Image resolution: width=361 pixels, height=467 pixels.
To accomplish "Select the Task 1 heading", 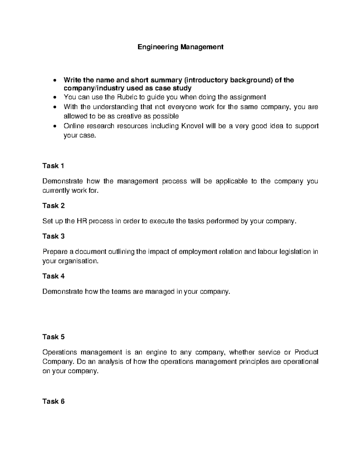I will click(x=53, y=166).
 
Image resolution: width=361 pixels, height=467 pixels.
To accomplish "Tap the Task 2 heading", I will click(x=53, y=206).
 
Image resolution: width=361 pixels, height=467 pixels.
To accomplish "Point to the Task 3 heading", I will click(x=53, y=236).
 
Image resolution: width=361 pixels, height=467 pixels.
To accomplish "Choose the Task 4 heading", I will click(x=53, y=276).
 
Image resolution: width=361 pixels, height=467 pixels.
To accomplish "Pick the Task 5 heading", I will click(x=53, y=337).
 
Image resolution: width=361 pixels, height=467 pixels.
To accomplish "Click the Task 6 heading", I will click(x=53, y=401).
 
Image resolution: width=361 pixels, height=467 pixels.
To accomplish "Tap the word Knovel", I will click(x=193, y=126).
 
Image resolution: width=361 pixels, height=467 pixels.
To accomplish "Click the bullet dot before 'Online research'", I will click(x=54, y=126).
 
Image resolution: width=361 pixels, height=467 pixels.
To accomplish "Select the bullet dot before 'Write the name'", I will click(x=54, y=80).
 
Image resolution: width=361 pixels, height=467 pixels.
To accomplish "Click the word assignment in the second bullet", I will click(x=248, y=97).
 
